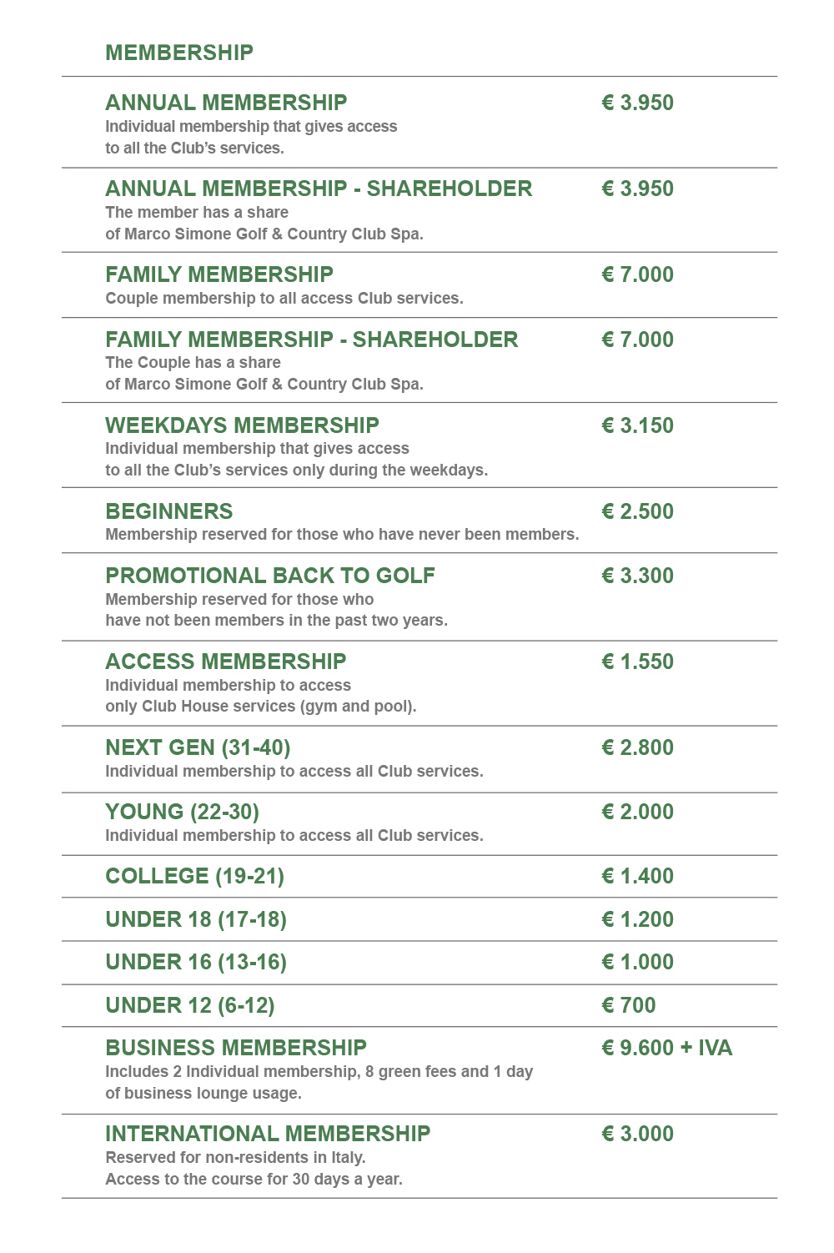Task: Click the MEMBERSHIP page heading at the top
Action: (x=179, y=53)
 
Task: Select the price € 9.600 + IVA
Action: (x=666, y=1048)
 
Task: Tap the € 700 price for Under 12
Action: (x=629, y=1005)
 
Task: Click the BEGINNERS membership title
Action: (x=169, y=511)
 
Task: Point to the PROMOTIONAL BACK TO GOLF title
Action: (x=270, y=576)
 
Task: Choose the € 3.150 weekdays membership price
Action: (x=637, y=425)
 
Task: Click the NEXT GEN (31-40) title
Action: (x=198, y=747)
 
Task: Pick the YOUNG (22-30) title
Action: (x=182, y=812)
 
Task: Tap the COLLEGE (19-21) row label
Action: (x=194, y=876)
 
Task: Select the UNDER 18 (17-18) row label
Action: (x=196, y=919)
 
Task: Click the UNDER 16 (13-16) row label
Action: (x=196, y=962)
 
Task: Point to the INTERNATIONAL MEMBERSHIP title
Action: (x=268, y=1134)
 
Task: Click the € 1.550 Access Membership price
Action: (x=637, y=662)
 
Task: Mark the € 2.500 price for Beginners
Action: (x=637, y=511)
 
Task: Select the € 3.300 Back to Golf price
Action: (x=637, y=576)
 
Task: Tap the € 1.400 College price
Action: (x=637, y=876)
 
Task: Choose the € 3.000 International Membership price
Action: (x=637, y=1134)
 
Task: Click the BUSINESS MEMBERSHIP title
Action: (x=236, y=1048)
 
